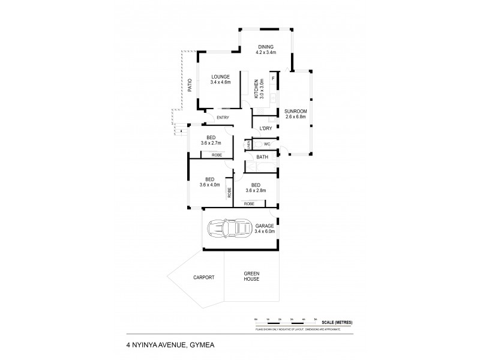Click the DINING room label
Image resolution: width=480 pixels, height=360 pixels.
266,47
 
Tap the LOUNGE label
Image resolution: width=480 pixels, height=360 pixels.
220,77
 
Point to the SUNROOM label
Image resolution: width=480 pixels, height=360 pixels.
295,111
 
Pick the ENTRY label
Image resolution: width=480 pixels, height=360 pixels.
223,117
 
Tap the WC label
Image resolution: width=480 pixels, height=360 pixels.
266,143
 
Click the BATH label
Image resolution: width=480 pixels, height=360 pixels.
262,157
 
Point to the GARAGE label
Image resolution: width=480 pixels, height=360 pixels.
265,226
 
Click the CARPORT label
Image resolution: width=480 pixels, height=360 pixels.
203,278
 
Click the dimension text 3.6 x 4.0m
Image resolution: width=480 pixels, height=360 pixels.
210,185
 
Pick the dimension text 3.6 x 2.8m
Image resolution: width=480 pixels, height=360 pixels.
256,191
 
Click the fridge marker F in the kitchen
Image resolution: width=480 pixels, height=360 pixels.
273,79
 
